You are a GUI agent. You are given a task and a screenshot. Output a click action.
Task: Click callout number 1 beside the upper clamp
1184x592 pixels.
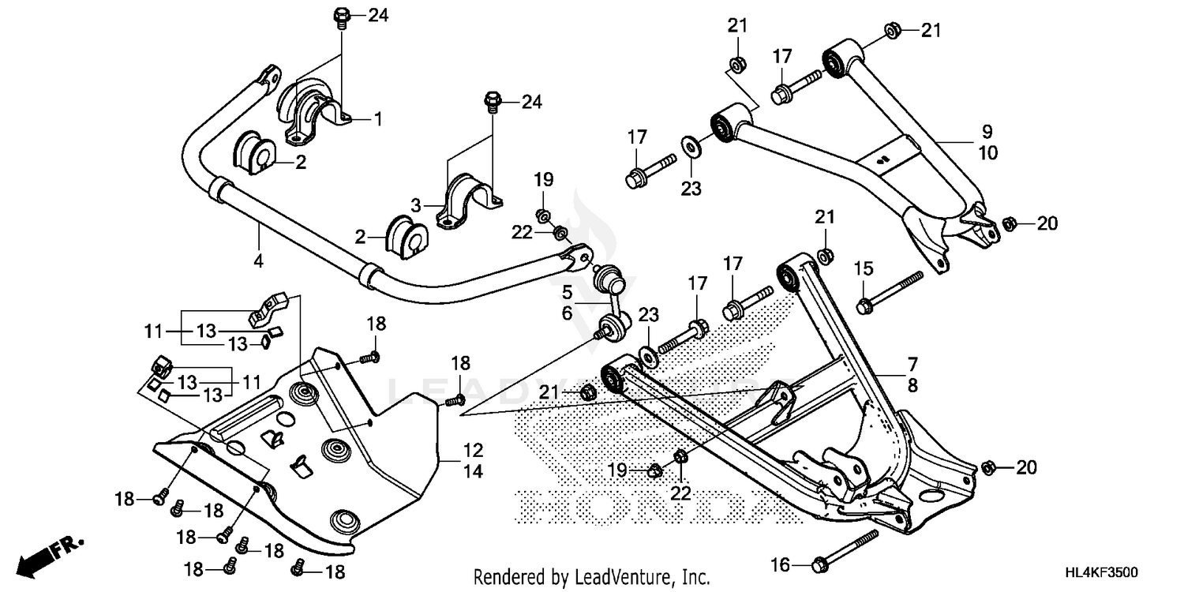click(378, 119)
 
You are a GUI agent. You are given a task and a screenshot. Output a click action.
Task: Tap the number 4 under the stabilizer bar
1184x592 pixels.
click(258, 260)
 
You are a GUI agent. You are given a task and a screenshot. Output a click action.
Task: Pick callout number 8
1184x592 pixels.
click(912, 386)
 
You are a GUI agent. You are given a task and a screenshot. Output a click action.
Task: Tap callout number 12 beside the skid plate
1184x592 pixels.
click(473, 451)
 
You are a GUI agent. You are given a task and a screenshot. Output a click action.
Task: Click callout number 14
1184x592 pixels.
click(473, 473)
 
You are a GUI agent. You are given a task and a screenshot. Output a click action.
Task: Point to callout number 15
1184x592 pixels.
click(864, 268)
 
